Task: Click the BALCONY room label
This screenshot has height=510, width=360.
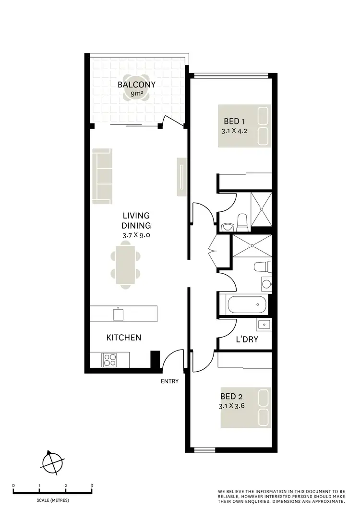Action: click(137, 85)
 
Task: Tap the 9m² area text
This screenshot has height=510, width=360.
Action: click(137, 94)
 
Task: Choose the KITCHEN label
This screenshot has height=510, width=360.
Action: click(124, 338)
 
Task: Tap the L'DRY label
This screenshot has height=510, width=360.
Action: click(247, 340)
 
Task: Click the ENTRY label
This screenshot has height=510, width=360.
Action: click(170, 382)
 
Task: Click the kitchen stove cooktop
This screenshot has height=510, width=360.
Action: click(109, 359)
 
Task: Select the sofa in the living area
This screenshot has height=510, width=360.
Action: click(103, 175)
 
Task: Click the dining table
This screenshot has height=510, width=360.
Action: click(126, 267)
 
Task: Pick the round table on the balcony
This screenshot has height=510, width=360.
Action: click(137, 94)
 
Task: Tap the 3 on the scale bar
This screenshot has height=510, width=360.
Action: click(92, 485)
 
